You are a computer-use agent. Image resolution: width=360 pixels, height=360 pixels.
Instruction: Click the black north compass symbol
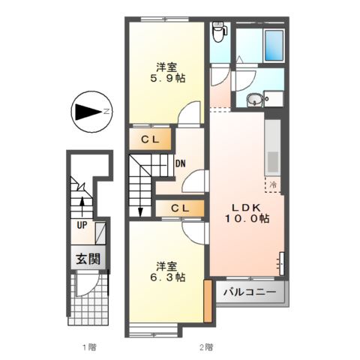(88, 112)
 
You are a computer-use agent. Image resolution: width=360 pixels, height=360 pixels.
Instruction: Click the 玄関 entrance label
(87, 259)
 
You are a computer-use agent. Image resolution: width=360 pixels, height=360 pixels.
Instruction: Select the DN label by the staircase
(180, 163)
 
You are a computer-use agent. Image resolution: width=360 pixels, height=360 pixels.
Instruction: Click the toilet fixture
(218, 31)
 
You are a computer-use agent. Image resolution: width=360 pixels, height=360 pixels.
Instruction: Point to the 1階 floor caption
(90, 346)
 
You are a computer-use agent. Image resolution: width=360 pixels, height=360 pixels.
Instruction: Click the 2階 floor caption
(205, 346)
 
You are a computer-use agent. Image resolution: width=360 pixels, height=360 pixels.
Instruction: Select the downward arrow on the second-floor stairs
(140, 202)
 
